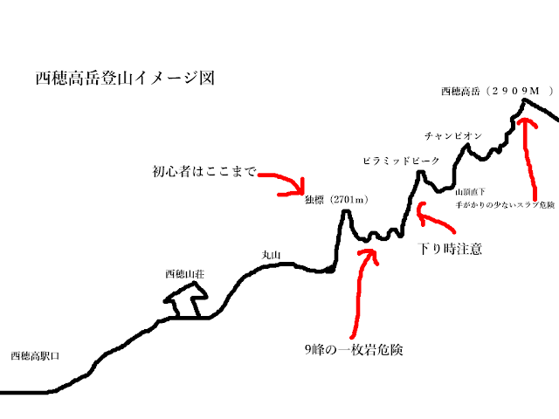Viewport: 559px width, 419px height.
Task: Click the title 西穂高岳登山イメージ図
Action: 125,79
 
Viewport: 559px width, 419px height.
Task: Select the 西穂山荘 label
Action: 184,274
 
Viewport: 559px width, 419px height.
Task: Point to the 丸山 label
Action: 272,255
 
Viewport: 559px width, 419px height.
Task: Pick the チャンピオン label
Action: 453,136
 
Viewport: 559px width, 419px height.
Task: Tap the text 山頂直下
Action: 469,190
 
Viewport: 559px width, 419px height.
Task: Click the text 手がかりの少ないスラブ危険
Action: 493,203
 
